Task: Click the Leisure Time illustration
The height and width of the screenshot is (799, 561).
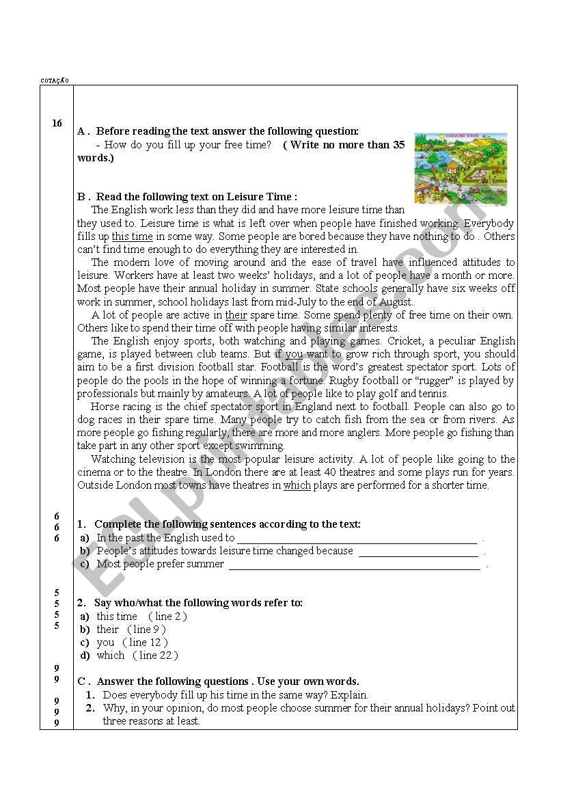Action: [461, 169]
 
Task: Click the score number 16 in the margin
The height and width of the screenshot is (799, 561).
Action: [57, 124]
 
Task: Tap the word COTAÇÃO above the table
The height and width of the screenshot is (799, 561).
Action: [54, 81]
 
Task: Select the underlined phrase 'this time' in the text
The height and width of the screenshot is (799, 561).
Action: [133, 236]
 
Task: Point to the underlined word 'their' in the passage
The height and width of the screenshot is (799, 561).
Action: [236, 315]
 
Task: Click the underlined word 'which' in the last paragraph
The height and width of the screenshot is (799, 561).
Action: [297, 485]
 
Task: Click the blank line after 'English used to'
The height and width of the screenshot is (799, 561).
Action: [357, 539]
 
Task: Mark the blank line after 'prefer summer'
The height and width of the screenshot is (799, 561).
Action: [354, 565]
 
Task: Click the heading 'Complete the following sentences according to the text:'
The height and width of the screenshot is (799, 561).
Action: [228, 524]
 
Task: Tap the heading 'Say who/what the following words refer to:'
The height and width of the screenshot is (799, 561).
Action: [198, 603]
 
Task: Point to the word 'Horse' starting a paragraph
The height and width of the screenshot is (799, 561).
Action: [105, 407]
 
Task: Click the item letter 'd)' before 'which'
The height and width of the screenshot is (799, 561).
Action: [85, 655]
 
